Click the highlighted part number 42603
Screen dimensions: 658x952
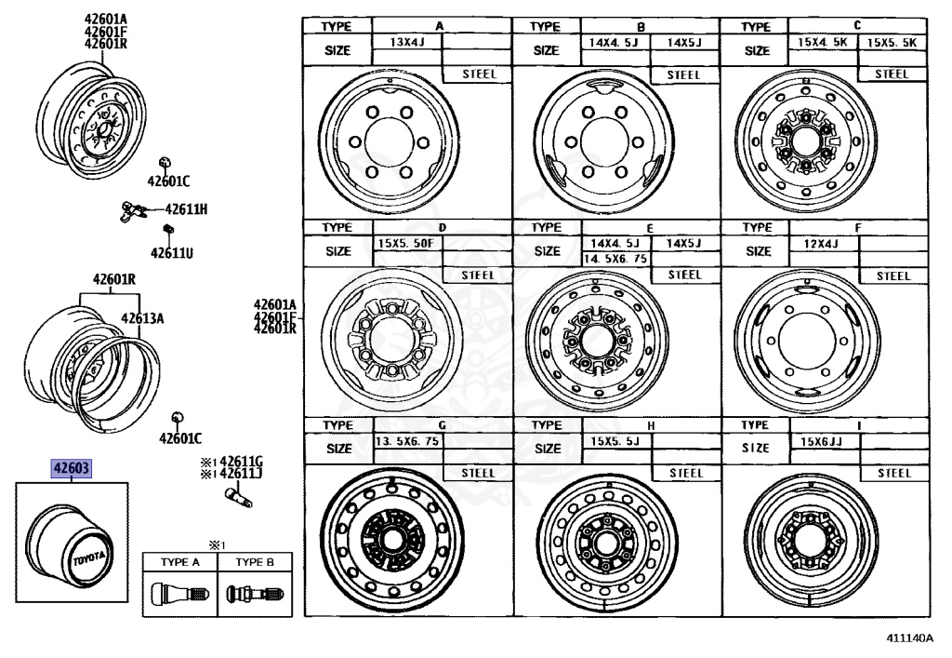pyautogui.click(x=72, y=470)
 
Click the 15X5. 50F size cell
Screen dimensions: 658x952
pyautogui.click(x=405, y=243)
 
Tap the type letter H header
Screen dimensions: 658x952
pyautogui.click(x=651, y=425)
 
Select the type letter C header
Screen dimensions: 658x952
pyautogui.click(x=857, y=26)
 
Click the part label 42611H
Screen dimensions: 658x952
pyautogui.click(x=186, y=209)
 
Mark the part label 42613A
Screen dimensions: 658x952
pyautogui.click(x=141, y=318)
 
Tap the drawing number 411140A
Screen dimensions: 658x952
pyautogui.click(x=908, y=638)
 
